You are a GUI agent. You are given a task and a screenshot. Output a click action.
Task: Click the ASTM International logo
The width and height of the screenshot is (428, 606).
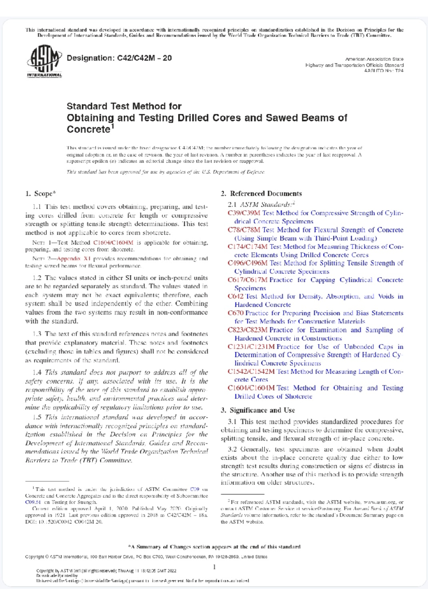pyautogui.click(x=44, y=62)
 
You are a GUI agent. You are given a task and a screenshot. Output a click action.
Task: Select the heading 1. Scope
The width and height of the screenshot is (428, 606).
pyautogui.click(x=40, y=194)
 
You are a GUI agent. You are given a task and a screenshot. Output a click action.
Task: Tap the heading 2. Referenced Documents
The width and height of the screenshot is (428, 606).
pyautogui.click(x=261, y=194)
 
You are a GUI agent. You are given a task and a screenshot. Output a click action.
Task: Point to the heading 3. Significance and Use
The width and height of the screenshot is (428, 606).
pyautogui.click(x=258, y=410)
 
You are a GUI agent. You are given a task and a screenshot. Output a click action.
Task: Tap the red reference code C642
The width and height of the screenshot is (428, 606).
pyautogui.click(x=235, y=296)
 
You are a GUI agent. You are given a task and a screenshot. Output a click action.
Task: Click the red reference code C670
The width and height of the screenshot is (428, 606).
pyautogui.click(x=235, y=313)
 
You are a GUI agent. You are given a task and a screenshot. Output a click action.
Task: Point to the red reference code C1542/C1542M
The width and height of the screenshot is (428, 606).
pyautogui.click(x=251, y=372)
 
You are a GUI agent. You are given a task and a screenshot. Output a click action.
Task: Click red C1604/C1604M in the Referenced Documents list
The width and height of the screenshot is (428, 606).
pyautogui.click(x=251, y=388)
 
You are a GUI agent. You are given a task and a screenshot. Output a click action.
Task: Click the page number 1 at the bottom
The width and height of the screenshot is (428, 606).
pyautogui.click(x=214, y=567)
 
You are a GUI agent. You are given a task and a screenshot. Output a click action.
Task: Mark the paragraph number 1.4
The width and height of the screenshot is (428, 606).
pyautogui.click(x=37, y=373)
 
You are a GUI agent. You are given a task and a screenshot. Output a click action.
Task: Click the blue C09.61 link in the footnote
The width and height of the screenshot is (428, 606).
pyautogui.click(x=33, y=502)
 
